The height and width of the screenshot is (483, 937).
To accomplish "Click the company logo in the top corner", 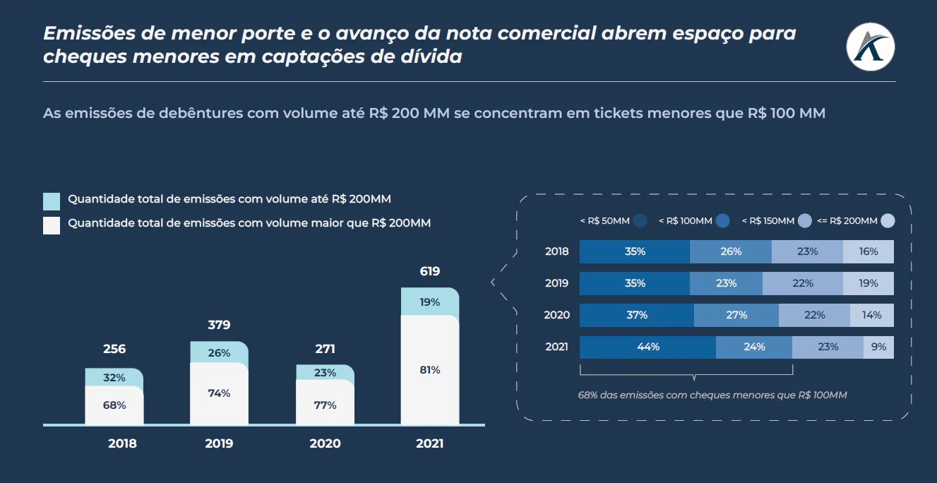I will tap(870, 47).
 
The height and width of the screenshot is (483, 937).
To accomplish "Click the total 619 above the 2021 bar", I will tap(429, 271).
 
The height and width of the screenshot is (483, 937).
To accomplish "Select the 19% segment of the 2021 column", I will tap(430, 302).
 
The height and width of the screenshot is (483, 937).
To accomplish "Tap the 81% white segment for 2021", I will tap(430, 370).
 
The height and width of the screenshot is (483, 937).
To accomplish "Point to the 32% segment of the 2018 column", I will tap(114, 378).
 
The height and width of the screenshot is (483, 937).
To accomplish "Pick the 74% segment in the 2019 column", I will tap(219, 393).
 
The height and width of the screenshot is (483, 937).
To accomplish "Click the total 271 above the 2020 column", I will tap(325, 349).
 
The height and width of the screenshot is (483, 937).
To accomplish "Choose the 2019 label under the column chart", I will tap(219, 444).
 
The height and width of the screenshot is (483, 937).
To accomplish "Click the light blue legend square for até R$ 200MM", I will tap(52, 201).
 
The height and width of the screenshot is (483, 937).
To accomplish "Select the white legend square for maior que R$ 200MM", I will tap(52, 225).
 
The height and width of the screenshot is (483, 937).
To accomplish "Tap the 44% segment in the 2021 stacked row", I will tap(647, 347).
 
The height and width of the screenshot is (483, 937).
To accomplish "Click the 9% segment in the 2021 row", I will tap(878, 347).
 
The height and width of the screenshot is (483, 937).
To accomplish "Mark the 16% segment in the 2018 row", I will tap(869, 251).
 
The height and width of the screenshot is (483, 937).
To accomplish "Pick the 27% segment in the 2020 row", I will tap(736, 315).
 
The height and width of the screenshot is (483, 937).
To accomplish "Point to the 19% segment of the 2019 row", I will tap(869, 283).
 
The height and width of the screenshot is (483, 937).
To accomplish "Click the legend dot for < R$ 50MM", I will tap(640, 221).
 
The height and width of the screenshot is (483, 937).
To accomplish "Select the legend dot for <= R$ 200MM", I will tap(888, 221).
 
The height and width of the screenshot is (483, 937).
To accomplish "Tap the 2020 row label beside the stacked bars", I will tap(556, 315).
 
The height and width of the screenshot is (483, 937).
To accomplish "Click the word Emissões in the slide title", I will tap(88, 33).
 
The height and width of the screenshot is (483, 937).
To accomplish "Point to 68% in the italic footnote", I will tap(587, 395).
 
